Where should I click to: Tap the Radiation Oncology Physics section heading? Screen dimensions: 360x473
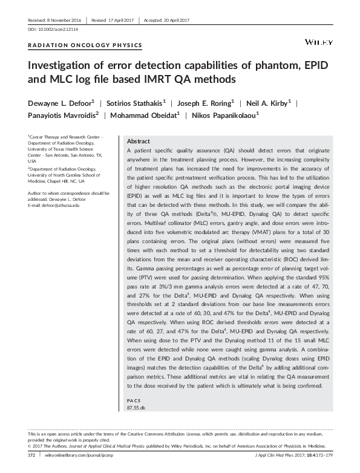pyautogui.click(x=85, y=45)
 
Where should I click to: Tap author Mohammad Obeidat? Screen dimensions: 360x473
pyautogui.click(x=145, y=115)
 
